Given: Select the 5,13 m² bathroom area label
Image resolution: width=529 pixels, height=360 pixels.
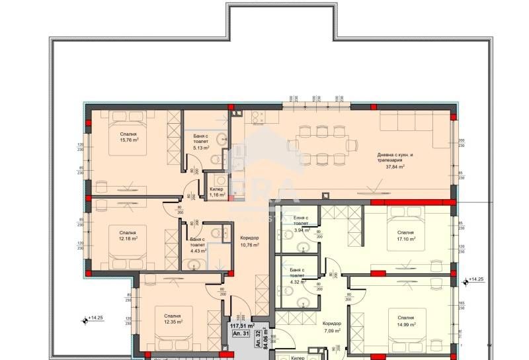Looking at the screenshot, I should (x=201, y=144).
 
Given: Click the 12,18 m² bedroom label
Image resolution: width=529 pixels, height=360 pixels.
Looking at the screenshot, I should (x=128, y=236).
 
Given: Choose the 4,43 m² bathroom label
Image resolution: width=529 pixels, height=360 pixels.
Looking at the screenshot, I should (x=198, y=246).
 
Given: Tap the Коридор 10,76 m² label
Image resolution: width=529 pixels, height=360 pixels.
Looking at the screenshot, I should (x=249, y=242).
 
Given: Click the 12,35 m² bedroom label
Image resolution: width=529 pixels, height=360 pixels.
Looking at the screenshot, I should (x=173, y=318).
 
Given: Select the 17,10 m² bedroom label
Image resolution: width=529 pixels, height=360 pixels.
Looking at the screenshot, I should (x=406, y=236).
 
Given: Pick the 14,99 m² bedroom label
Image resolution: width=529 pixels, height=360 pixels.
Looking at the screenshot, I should (x=406, y=322).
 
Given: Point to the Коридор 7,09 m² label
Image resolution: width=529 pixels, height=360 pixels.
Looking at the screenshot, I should (x=332, y=327).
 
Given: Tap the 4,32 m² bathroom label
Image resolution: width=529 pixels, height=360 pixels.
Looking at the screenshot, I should (x=296, y=277).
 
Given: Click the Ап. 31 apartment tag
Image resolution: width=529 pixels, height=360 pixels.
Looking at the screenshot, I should (x=245, y=334).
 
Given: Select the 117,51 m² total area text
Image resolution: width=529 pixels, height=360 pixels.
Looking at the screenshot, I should (x=242, y=325).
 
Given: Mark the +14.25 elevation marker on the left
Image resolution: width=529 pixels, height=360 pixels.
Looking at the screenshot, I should (x=94, y=319).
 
